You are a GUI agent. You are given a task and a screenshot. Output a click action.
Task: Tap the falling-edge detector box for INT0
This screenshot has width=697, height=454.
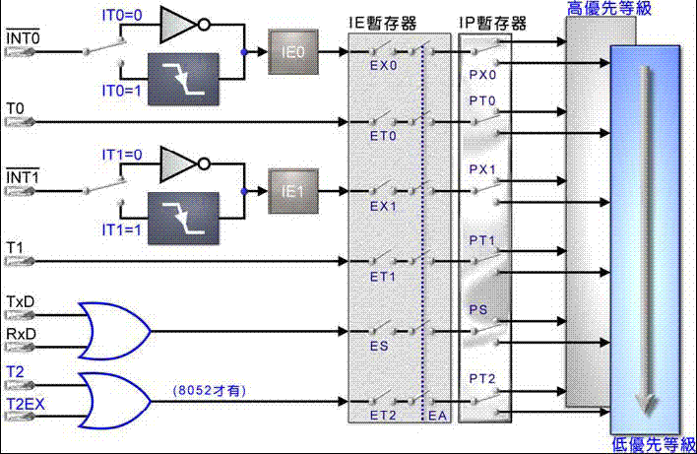(x=187, y=78)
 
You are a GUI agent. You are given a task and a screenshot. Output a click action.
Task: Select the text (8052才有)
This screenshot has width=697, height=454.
(x=208, y=391)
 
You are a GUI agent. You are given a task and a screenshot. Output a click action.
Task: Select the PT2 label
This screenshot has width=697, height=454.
(x=481, y=379)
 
